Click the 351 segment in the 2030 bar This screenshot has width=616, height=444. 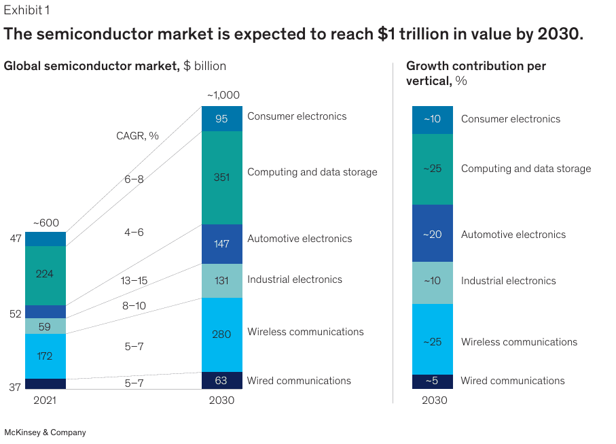221,177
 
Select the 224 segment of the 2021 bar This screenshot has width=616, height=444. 46,275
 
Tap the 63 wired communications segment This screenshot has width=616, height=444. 221,381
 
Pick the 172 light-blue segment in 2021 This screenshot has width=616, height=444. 46,356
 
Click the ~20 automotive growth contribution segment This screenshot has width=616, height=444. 432,234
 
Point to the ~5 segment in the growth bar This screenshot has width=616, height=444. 432,381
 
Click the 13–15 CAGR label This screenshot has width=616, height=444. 134,280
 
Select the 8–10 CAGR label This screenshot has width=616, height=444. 134,306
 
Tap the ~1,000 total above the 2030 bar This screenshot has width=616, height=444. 223,95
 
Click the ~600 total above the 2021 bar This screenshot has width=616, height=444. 46,223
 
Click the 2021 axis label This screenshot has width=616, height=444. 46,400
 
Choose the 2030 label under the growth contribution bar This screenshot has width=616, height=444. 434,400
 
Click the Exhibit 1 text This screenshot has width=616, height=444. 26,10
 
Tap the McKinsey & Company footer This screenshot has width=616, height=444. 45,432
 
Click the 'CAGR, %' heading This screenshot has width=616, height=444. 137,136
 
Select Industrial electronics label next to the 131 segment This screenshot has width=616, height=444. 294,279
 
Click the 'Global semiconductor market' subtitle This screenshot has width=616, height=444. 92,66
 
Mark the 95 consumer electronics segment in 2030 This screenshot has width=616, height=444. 221,119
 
